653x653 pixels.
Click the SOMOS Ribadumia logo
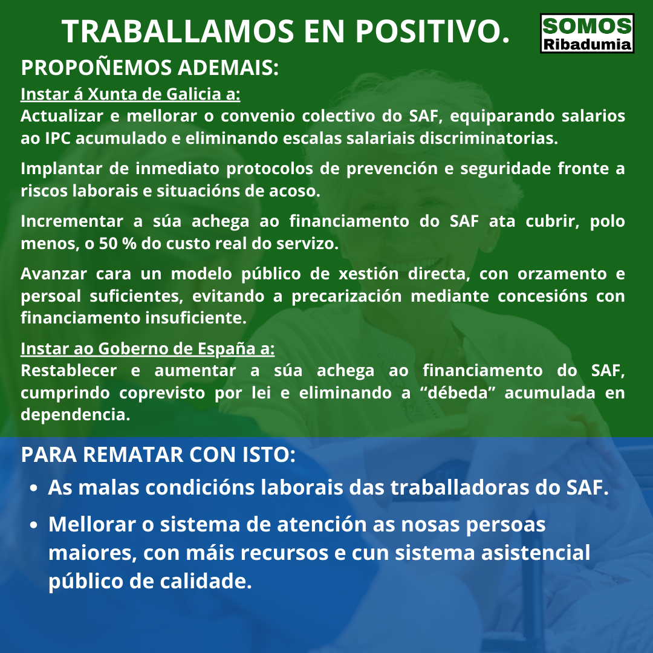586,33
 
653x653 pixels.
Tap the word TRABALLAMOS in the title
178,31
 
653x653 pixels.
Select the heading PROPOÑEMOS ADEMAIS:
149,68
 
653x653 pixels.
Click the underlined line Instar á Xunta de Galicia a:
131,94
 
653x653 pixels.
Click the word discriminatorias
489,138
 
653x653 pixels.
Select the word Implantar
61,169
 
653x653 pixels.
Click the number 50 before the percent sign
108,243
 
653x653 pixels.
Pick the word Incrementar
71,221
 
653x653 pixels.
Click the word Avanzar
54,274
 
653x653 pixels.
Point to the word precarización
346,296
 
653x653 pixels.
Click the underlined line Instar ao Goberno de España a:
148,349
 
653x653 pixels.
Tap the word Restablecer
69,370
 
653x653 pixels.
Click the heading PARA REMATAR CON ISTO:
158,454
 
